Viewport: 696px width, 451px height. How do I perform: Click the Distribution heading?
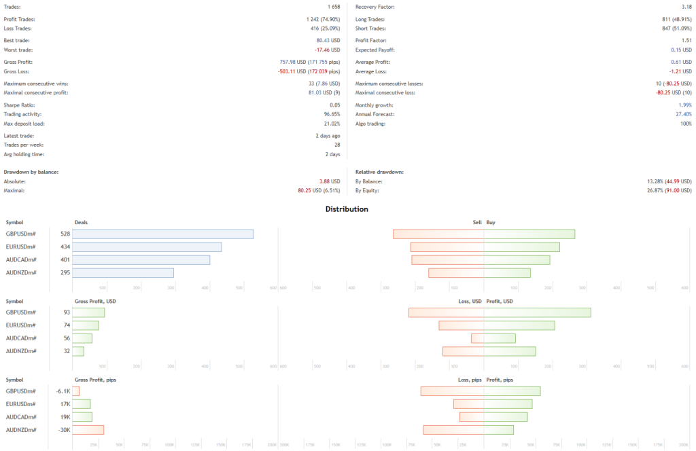(347, 209)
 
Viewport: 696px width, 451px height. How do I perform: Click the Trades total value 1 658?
(329, 7)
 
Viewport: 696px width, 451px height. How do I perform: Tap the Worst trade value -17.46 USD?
(327, 50)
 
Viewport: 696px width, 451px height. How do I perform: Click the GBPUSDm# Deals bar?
(163, 234)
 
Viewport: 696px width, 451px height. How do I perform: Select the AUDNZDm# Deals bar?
(123, 272)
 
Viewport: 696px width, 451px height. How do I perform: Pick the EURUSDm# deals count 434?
(65, 247)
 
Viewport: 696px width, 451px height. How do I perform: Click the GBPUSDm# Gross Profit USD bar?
(88, 312)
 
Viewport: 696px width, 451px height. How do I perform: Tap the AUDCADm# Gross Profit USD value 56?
(67, 338)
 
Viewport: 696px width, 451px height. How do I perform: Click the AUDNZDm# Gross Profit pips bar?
(88, 429)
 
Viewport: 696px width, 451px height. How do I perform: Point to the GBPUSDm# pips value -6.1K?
(63, 391)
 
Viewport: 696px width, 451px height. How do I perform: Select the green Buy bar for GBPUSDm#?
(529, 234)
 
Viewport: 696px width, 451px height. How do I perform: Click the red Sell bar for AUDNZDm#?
(455, 272)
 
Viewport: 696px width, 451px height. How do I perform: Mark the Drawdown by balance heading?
(31, 172)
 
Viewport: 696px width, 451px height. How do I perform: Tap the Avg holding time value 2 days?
(333, 155)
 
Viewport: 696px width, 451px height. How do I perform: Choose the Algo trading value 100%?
(684, 124)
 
